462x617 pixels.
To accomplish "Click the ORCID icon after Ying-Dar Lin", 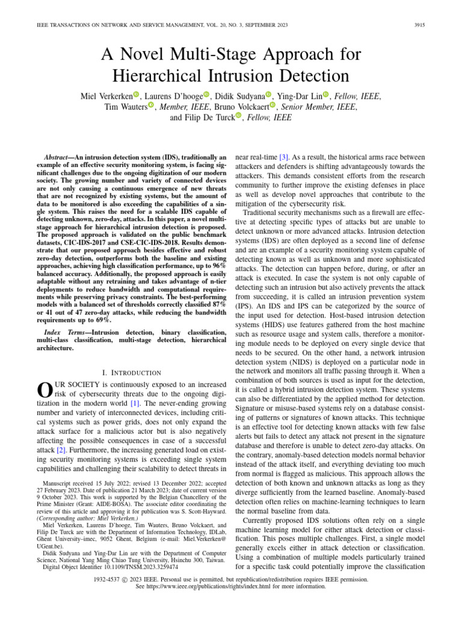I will (326, 95).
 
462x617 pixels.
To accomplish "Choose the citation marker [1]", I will (137, 402).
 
